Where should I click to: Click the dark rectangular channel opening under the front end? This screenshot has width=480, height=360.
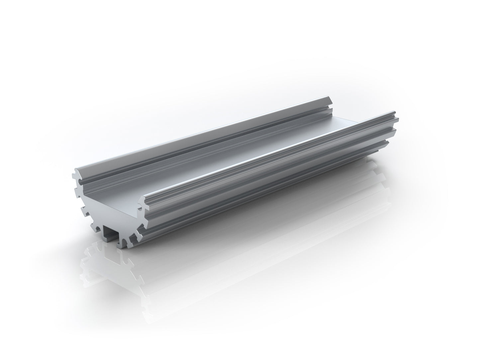tap(111, 233)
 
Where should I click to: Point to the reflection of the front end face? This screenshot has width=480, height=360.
tap(110, 266)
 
